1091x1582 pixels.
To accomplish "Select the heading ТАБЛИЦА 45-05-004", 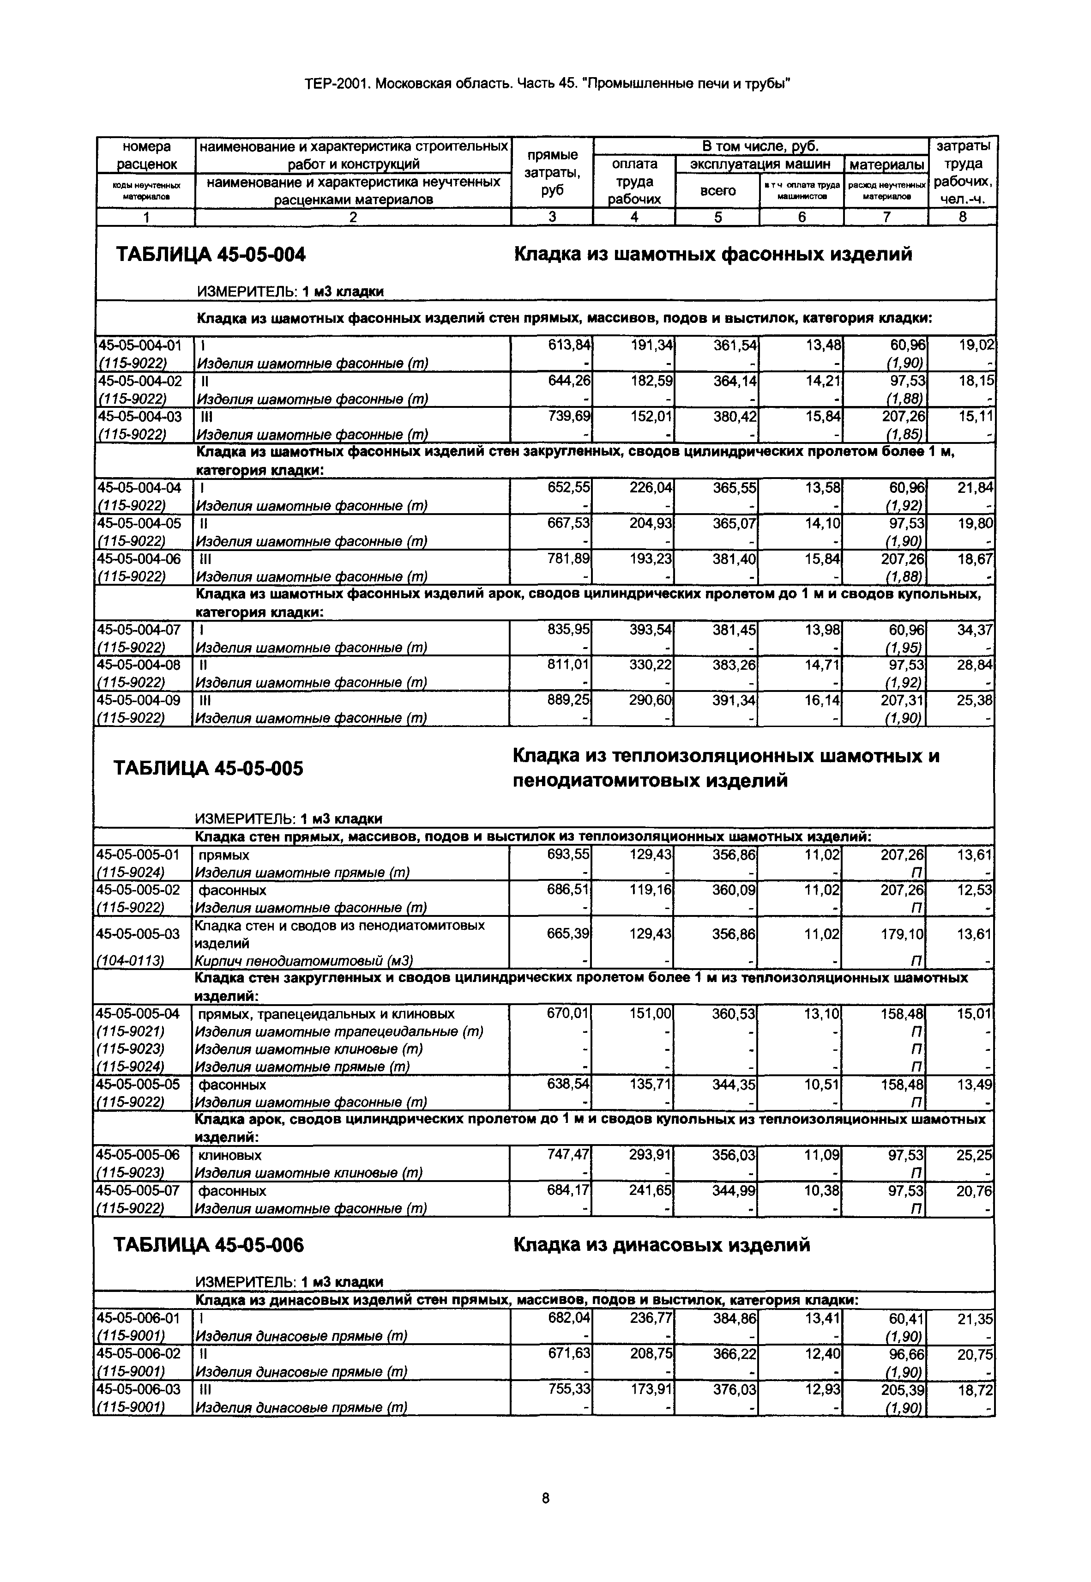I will pos(211,255).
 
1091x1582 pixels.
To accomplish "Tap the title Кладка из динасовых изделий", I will pos(661,1244).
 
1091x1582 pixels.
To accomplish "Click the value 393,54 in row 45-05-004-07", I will pos(651,629).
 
